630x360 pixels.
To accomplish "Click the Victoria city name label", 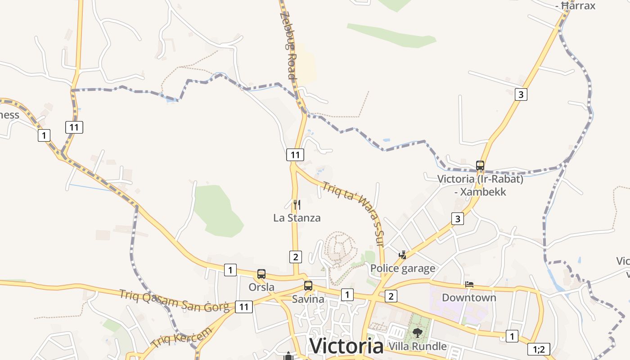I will [x=346, y=346].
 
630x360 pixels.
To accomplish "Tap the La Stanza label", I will [x=297, y=218].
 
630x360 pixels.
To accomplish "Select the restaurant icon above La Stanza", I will [x=297, y=205].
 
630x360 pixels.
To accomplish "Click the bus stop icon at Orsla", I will [x=261, y=274].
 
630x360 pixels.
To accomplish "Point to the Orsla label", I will [x=261, y=287].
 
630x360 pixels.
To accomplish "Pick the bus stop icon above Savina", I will [x=308, y=285].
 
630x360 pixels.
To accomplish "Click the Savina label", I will [x=308, y=299].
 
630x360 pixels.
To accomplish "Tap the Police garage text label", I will [x=403, y=269].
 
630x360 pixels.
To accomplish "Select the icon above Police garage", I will [x=403, y=255].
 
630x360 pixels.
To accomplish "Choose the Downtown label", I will [x=469, y=297].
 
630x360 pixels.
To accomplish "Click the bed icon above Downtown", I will [x=469, y=284].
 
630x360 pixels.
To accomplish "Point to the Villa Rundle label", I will [x=418, y=346].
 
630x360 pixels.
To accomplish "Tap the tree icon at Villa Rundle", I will [x=418, y=333].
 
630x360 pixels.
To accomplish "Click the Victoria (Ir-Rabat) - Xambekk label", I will [x=480, y=185].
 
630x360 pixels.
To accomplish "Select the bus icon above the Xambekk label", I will [x=480, y=165].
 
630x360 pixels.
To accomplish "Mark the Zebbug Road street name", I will [x=289, y=45].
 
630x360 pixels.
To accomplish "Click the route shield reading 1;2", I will [x=539, y=349].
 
